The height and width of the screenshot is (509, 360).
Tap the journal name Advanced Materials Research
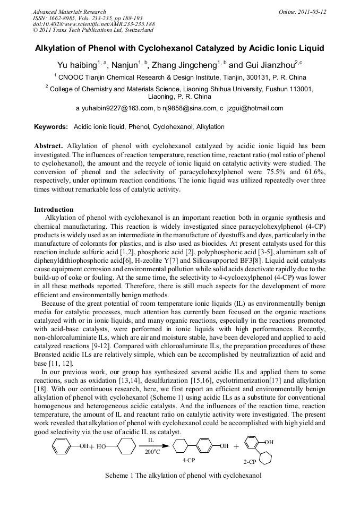point(69,12)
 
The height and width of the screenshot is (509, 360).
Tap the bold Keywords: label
point(51,127)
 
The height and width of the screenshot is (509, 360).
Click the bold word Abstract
point(49,145)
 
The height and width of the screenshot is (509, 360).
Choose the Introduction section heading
point(54,210)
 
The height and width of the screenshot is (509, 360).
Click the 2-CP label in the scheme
point(250,462)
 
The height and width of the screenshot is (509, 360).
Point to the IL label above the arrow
point(151,440)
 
